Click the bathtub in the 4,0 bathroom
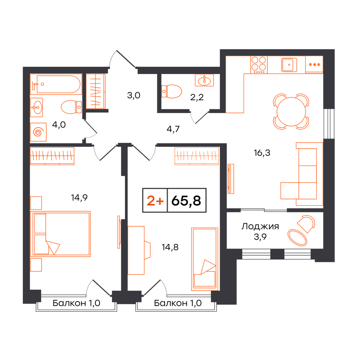coord(56,84)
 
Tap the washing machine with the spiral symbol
coord(38,132)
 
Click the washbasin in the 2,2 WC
coord(204,80)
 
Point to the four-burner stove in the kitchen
coord(259,65)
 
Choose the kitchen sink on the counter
coord(289,65)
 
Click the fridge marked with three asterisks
coord(314,65)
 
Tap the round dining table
coord(291,112)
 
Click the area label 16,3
coord(262,153)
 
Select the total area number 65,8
coord(186,200)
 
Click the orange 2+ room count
coord(155,201)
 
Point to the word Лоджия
coord(260,227)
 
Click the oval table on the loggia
coord(297,238)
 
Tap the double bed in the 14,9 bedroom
coord(60,234)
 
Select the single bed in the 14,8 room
coord(205,259)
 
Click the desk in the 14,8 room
coord(136,250)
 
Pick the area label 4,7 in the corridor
coord(173,129)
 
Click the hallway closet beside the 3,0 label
coord(96,91)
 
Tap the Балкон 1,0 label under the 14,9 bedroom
coord(76,303)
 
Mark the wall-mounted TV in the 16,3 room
coord(231,179)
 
